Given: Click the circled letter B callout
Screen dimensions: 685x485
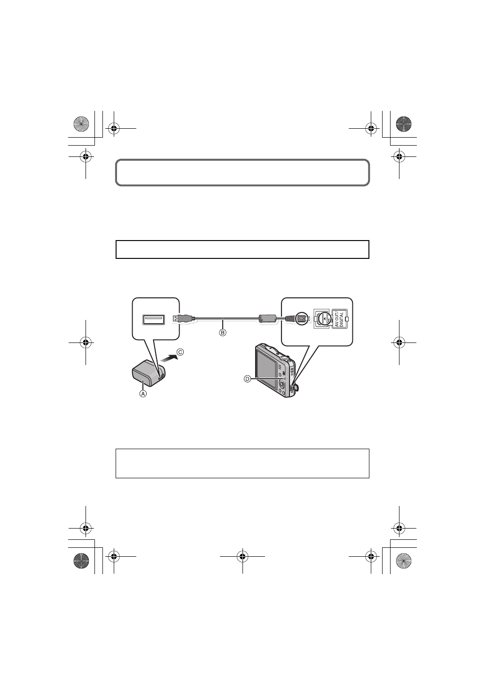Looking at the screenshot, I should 223,332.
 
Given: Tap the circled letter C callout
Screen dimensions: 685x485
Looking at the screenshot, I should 180,351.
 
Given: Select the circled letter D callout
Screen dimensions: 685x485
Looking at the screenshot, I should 247,379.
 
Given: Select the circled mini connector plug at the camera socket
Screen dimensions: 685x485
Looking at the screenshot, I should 303,319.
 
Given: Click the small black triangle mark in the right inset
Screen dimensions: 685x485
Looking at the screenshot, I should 323,319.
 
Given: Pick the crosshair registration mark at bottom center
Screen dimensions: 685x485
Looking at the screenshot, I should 242,557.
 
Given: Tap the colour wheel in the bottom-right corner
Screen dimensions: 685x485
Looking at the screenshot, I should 403,561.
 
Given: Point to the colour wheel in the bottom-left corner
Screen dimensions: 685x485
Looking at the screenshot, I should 81,561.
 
